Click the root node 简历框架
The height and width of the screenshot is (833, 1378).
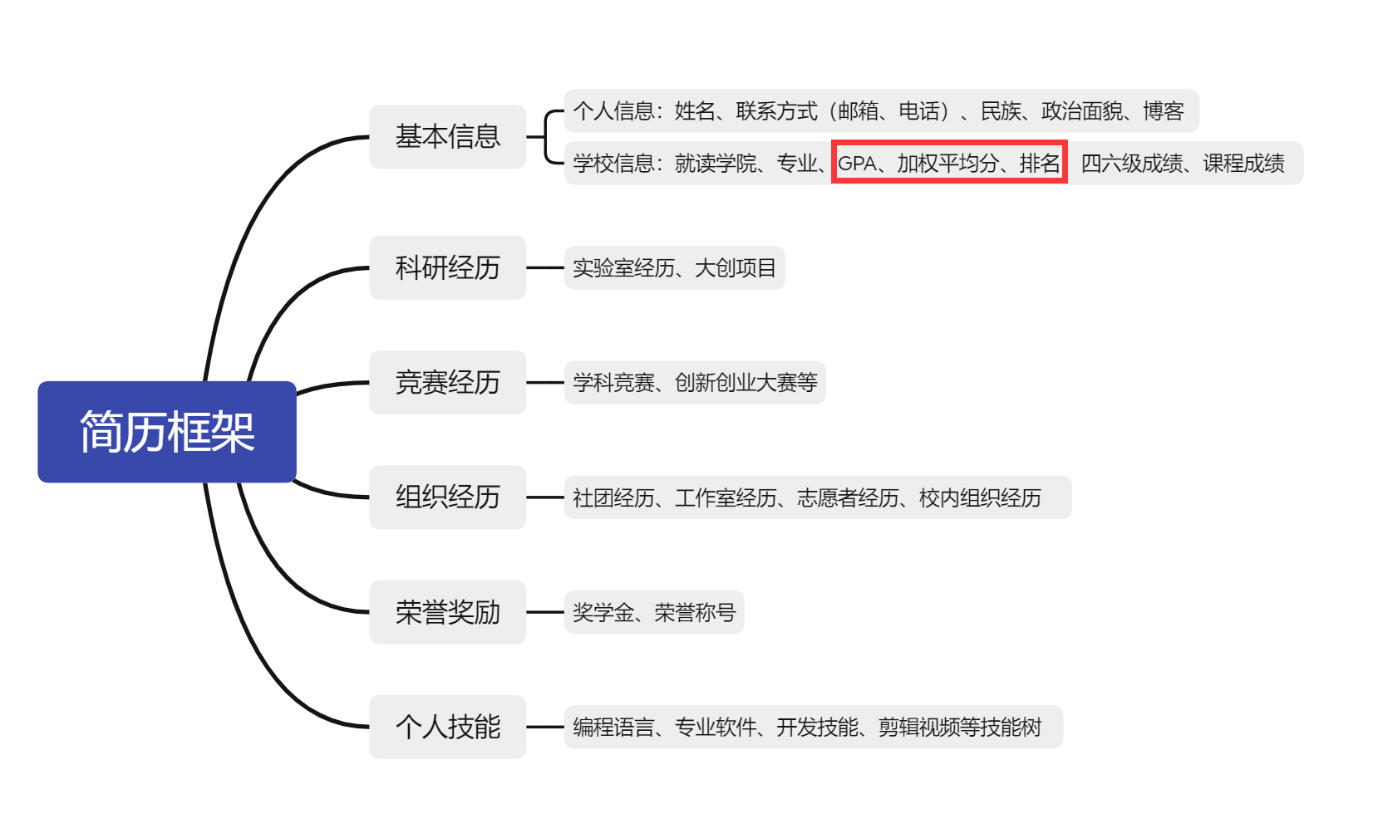167,432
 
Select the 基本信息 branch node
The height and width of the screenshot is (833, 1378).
447,136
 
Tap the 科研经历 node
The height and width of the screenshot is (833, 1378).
447,267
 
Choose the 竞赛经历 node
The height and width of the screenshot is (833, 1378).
447,382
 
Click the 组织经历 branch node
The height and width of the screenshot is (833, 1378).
447,497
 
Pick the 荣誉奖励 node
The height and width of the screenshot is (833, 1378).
447,612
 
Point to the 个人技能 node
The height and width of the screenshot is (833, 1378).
447,727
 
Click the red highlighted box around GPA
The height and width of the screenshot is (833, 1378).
949,163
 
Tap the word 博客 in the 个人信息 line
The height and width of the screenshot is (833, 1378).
1163,111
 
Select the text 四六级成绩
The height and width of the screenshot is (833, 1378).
1131,164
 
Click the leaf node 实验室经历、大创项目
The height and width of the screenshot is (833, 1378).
674,267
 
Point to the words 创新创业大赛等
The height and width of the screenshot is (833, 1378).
746,382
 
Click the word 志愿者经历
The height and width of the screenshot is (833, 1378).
848,497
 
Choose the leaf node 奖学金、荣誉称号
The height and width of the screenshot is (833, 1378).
654,612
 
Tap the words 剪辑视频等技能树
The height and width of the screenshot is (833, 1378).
960,728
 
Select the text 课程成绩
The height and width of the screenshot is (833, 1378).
1243,164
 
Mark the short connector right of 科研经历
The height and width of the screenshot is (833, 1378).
545,267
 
